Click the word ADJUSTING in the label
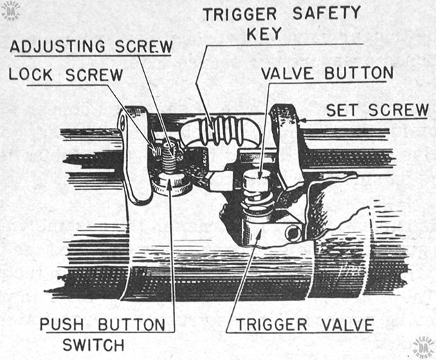click(x=57, y=46)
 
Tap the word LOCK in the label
click(x=30, y=74)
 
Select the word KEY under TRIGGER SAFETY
click(x=264, y=34)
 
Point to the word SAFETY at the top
click(x=327, y=13)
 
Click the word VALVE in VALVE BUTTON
click(x=287, y=73)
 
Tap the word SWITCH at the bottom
click(x=93, y=345)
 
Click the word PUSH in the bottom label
click(x=62, y=325)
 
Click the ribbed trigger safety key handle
click(x=221, y=131)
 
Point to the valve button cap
click(x=256, y=180)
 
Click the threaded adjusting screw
click(x=169, y=156)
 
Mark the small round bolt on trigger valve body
click(x=292, y=233)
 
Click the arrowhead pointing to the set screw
click(x=302, y=120)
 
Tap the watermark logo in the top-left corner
click(x=10, y=10)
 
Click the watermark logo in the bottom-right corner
click(x=424, y=347)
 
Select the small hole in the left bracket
click(x=122, y=122)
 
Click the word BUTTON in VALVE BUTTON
click(x=359, y=73)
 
